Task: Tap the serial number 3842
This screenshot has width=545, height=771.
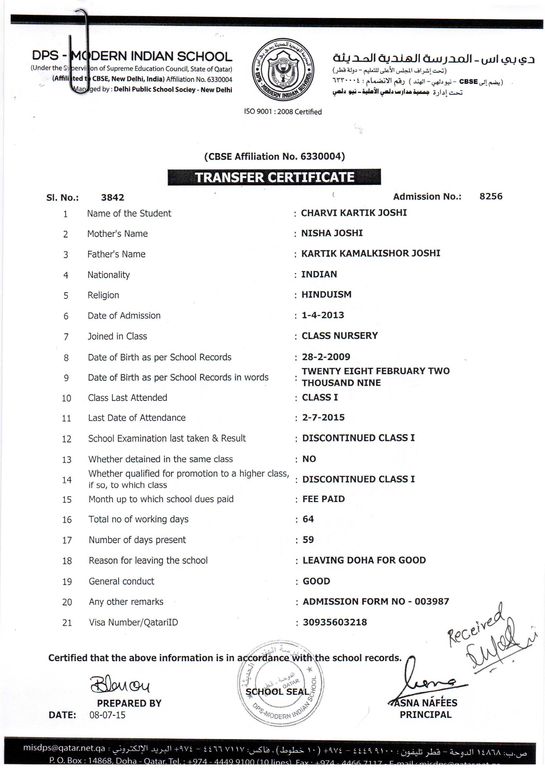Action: tap(112, 197)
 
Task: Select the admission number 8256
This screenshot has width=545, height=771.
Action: tap(491, 197)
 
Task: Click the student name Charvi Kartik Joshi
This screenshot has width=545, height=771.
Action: tap(354, 213)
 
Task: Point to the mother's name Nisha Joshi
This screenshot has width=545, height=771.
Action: tap(331, 233)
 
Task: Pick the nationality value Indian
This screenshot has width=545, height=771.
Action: tap(319, 274)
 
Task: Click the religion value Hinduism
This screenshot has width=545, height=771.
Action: tap(326, 295)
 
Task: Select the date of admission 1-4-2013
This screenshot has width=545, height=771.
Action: tap(323, 315)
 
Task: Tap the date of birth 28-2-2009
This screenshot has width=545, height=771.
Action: tap(326, 357)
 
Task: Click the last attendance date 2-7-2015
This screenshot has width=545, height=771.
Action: tap(323, 417)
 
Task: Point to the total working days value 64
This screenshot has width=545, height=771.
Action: tap(308, 519)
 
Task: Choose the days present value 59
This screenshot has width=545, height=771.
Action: tap(308, 540)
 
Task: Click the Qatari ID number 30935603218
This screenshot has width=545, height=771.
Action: tap(335, 622)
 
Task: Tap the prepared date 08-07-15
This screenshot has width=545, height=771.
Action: tap(107, 715)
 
